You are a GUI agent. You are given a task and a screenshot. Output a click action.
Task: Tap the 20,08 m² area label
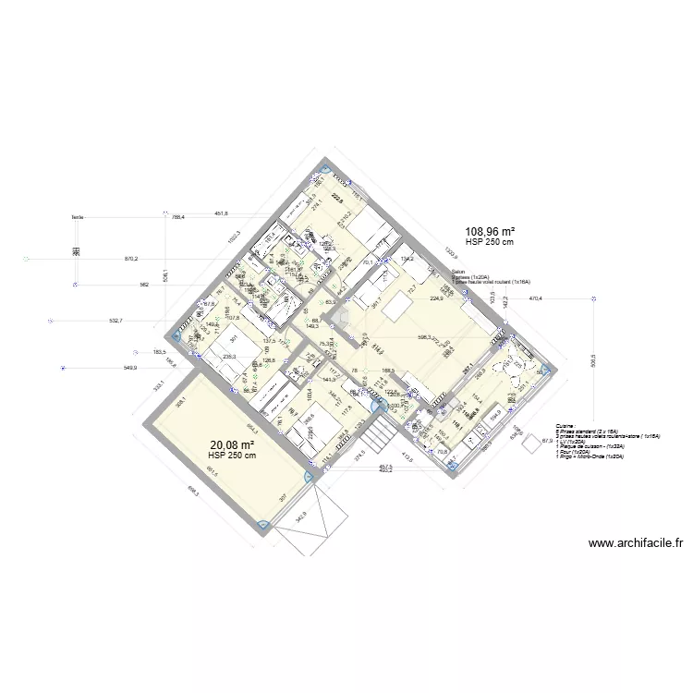coord(232,444)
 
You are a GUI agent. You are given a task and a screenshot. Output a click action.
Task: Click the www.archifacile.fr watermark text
coord(635,543)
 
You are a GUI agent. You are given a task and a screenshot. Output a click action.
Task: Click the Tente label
coord(77,218)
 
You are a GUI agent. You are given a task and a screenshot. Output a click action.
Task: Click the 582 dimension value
coord(144,285)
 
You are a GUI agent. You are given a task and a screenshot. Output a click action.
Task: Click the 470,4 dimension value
coord(535,298)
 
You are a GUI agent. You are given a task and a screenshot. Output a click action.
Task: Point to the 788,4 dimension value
coord(178,218)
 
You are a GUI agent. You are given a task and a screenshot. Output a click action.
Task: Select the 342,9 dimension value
coord(299,516)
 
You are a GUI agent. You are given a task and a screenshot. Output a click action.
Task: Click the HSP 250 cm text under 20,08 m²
coord(232,456)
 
